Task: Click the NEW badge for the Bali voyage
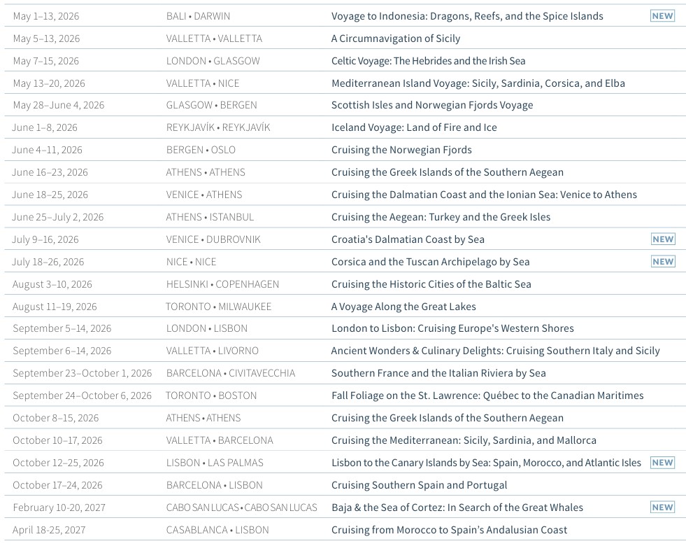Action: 662,15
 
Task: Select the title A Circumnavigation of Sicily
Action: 395,38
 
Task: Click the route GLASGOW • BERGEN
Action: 211,105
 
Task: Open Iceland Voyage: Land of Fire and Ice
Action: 414,127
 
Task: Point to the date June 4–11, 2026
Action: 47,150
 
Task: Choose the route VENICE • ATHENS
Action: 204,195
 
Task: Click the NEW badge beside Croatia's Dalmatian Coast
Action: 662,239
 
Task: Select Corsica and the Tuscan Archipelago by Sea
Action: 430,262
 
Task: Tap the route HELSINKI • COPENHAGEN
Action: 222,284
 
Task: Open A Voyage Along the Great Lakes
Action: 403,307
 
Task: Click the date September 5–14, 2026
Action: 62,328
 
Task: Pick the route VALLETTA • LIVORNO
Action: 212,351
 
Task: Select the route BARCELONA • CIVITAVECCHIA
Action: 230,373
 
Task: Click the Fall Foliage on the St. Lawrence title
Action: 487,395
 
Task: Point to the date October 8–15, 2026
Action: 55,418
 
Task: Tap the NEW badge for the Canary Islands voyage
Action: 662,462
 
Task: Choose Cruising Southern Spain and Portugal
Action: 419,485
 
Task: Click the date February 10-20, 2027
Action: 59,507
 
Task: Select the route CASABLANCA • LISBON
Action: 217,530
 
